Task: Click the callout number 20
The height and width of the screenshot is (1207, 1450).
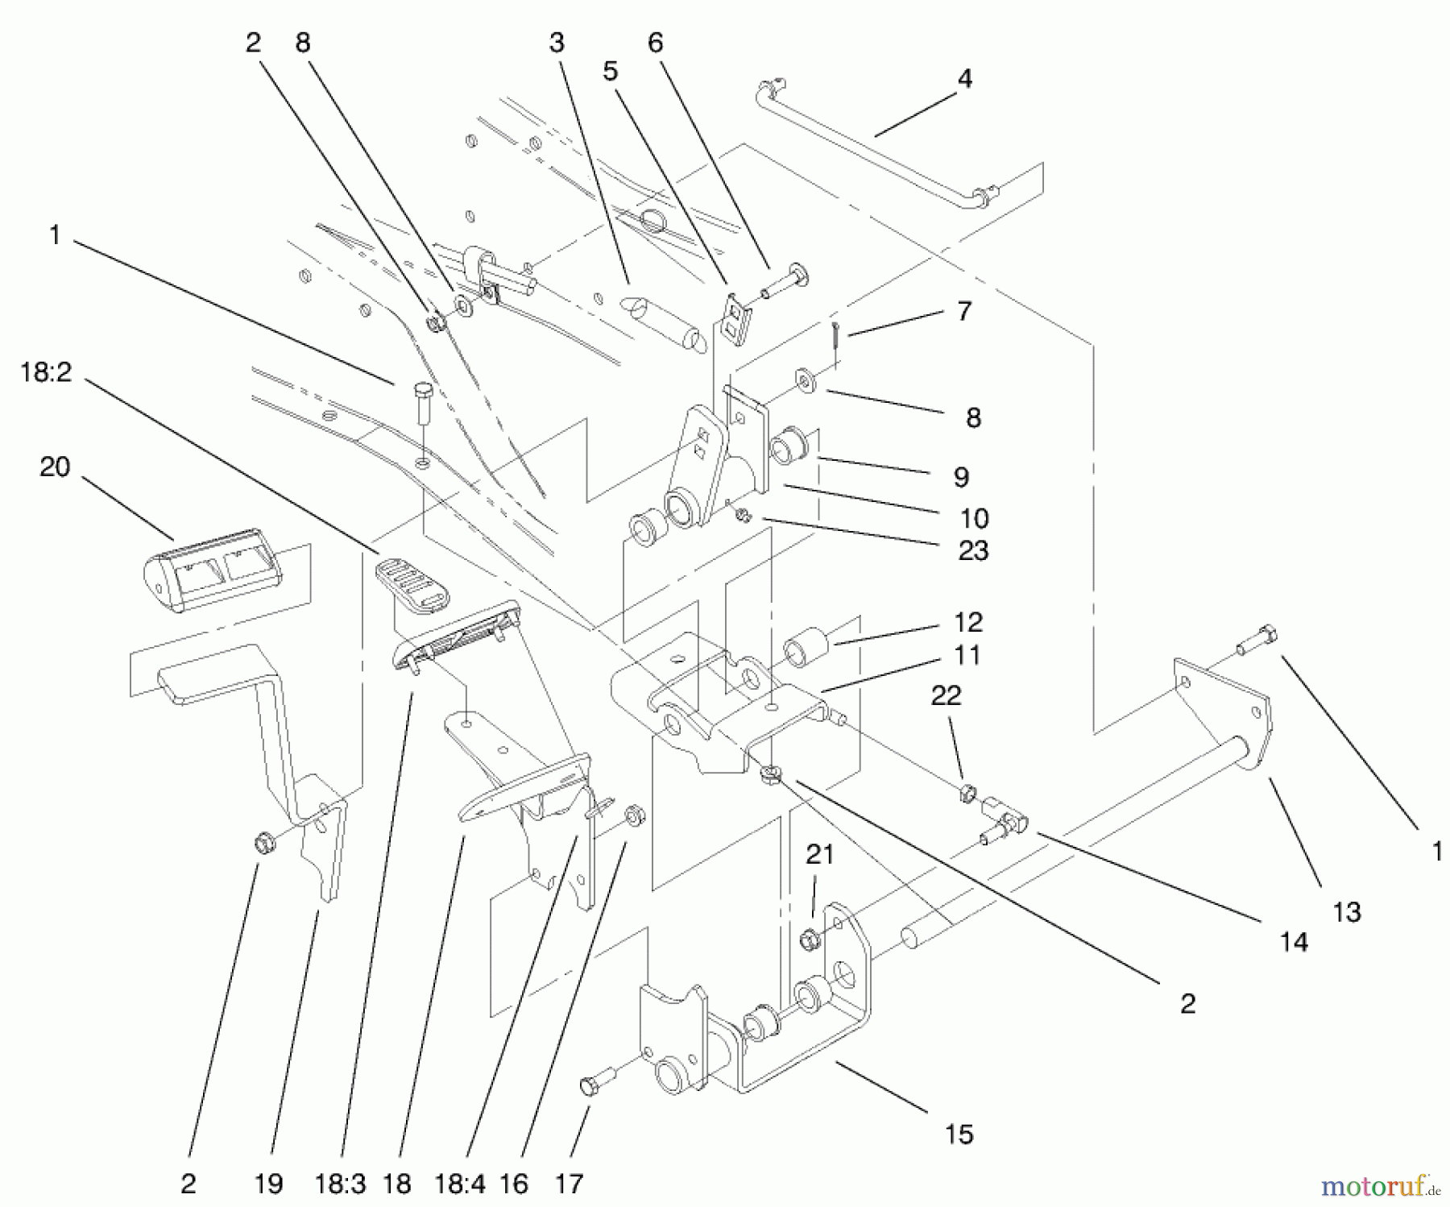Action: click(x=55, y=467)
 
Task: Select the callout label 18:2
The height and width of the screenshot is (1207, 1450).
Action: click(x=46, y=372)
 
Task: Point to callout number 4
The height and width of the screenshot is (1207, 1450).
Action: click(x=964, y=78)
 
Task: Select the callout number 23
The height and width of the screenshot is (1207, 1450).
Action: click(x=973, y=551)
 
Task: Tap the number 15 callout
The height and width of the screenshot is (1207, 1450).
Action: click(x=959, y=1134)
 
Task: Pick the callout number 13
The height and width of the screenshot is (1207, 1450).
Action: click(x=1346, y=912)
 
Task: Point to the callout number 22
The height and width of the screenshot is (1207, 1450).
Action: click(x=946, y=695)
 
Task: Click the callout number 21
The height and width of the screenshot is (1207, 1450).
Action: click(x=819, y=854)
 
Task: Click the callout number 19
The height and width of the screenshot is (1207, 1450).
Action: click(x=268, y=1184)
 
